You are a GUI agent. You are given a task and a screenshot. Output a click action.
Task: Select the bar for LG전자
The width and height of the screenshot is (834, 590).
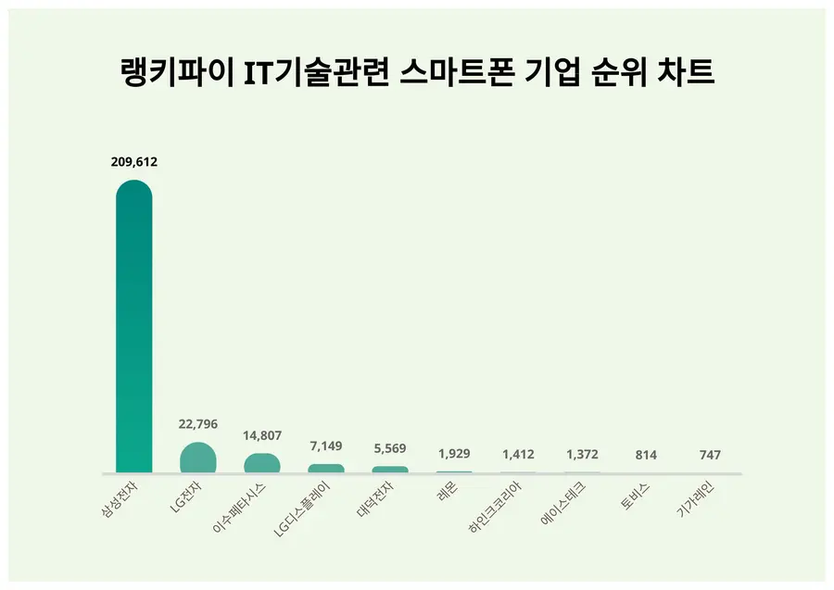tap(197, 458)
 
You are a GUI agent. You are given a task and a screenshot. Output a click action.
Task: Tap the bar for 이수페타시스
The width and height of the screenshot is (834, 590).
tap(262, 463)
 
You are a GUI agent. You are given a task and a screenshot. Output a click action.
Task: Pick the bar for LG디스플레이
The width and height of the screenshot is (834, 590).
tap(326, 469)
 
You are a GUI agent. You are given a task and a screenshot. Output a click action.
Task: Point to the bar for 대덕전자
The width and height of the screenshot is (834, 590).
tap(390, 470)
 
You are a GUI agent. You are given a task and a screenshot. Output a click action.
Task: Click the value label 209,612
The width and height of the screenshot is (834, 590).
tap(133, 162)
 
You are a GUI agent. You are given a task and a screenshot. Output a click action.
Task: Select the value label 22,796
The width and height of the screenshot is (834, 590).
tap(197, 424)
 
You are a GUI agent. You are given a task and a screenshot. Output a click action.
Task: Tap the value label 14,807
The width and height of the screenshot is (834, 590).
tap(262, 435)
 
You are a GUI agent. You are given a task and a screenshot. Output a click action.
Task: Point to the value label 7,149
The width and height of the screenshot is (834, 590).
tap(326, 446)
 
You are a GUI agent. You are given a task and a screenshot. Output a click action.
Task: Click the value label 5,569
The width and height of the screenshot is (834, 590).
tap(390, 449)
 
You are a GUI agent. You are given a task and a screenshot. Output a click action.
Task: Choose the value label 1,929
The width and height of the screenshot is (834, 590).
tap(454, 454)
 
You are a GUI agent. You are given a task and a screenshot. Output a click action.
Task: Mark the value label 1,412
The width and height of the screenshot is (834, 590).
tap(518, 455)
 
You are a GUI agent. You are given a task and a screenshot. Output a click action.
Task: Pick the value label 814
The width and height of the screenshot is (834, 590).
tap(646, 456)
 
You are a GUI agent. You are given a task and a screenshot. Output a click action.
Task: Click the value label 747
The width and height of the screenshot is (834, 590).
tap(710, 456)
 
